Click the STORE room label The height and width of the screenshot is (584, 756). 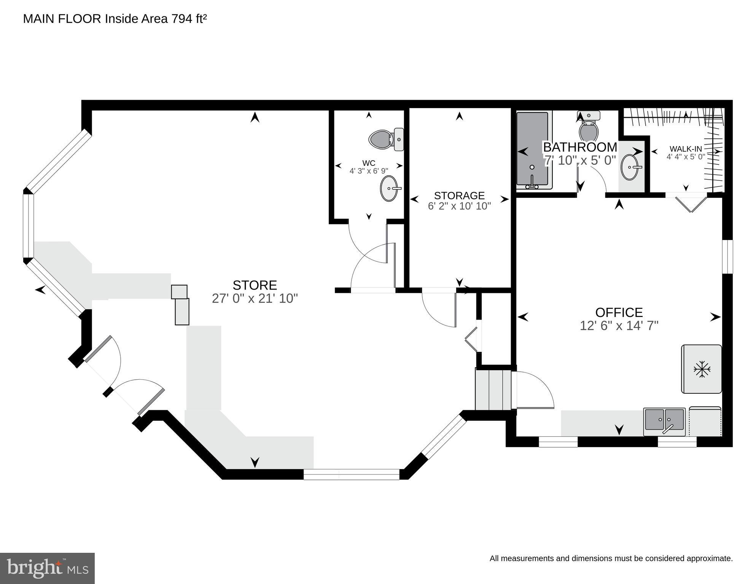coord(255,285)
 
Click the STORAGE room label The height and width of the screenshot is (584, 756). coord(459,196)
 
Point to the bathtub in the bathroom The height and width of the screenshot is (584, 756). coord(532,150)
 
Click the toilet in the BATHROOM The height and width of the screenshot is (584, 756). coord(588,127)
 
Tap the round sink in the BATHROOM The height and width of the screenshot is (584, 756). coord(630,167)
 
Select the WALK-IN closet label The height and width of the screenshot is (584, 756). coord(686,149)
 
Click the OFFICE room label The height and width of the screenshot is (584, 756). coord(619,312)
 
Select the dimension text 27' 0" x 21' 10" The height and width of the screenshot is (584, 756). coord(255,299)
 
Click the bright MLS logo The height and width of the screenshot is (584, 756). coord(47,568)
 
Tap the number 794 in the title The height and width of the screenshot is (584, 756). coord(182,19)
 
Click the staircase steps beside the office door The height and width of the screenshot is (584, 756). coord(493,389)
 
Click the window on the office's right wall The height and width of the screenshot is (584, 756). coord(727,256)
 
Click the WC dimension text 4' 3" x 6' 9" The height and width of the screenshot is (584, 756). coord(369,171)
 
